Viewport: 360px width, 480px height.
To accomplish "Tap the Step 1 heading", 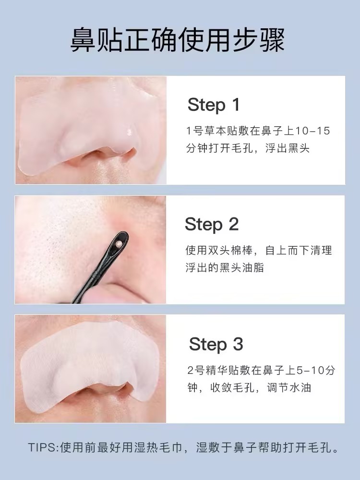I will (x=213, y=105).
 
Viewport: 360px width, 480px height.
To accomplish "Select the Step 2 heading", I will (x=212, y=224).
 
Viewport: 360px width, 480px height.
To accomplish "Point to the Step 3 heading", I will (x=216, y=344).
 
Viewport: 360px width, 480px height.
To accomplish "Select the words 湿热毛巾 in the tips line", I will (x=165, y=448).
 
